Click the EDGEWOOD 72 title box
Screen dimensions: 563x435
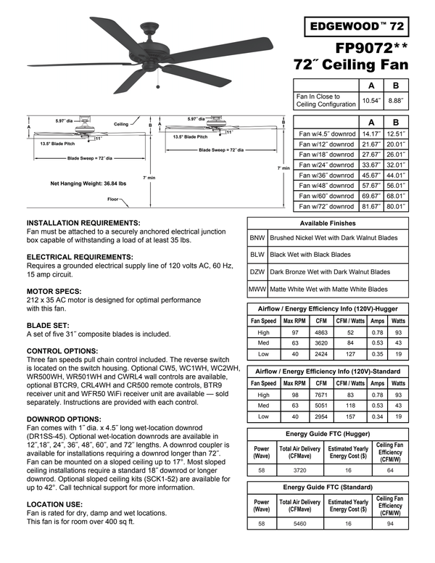tap(357, 27)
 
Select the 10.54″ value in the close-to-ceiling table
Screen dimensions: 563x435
tap(371, 100)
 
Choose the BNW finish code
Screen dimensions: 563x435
tap(257, 237)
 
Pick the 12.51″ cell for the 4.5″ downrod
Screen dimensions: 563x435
tap(396, 133)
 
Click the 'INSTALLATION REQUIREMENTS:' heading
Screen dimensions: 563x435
tap(83, 222)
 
